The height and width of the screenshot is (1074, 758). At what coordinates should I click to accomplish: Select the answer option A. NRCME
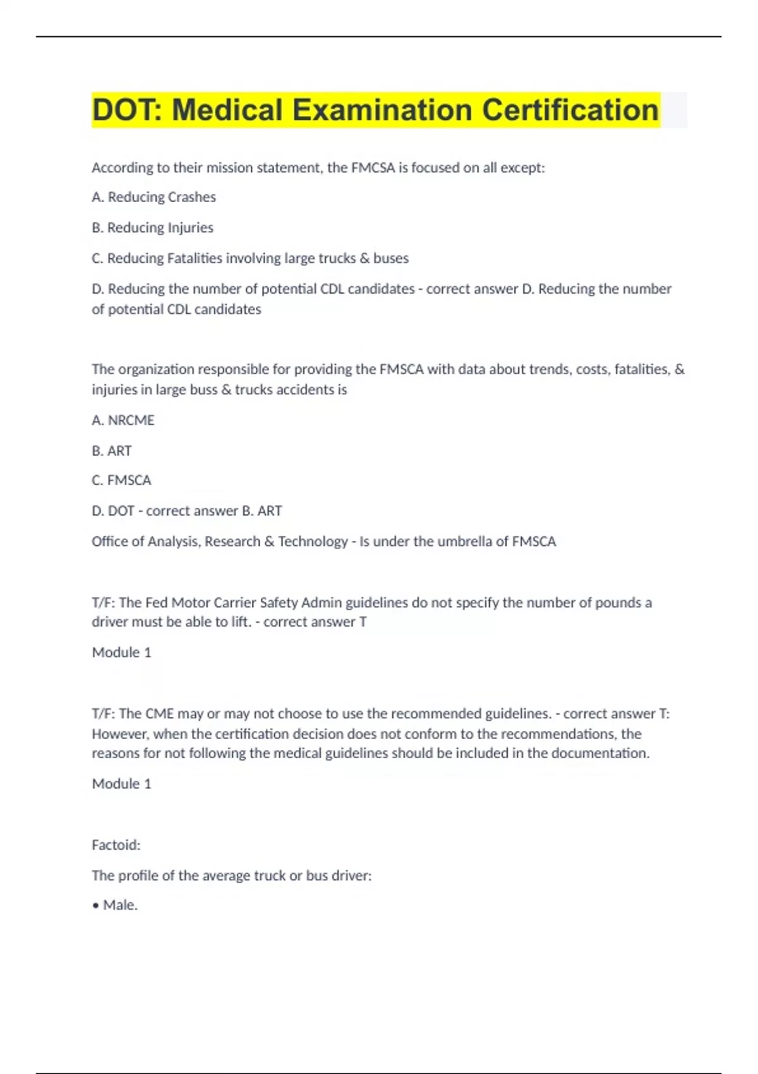pyautogui.click(x=123, y=420)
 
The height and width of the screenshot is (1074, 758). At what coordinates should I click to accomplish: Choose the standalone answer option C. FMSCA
pyautogui.click(x=121, y=480)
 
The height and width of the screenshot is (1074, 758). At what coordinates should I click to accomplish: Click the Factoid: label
pyautogui.click(x=116, y=845)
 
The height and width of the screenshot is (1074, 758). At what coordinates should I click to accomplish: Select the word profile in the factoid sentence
pyautogui.click(x=144, y=876)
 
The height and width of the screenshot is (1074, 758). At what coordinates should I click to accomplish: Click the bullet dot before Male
pyautogui.click(x=96, y=906)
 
